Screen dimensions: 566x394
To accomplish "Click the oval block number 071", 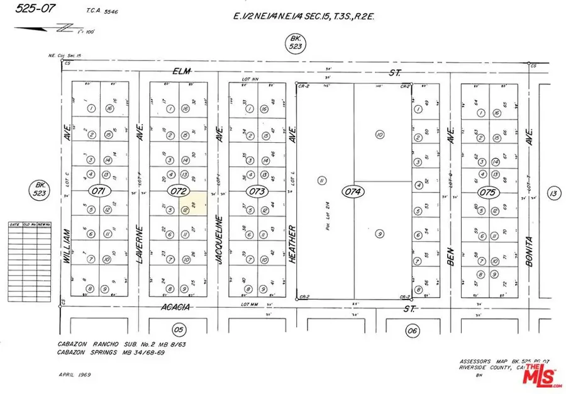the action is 100,191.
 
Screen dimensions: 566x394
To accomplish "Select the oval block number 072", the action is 177,191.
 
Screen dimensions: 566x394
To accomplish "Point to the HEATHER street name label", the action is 292,242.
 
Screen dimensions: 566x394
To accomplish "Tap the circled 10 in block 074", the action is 379,134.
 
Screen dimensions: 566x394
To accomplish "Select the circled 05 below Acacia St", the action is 179,329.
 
